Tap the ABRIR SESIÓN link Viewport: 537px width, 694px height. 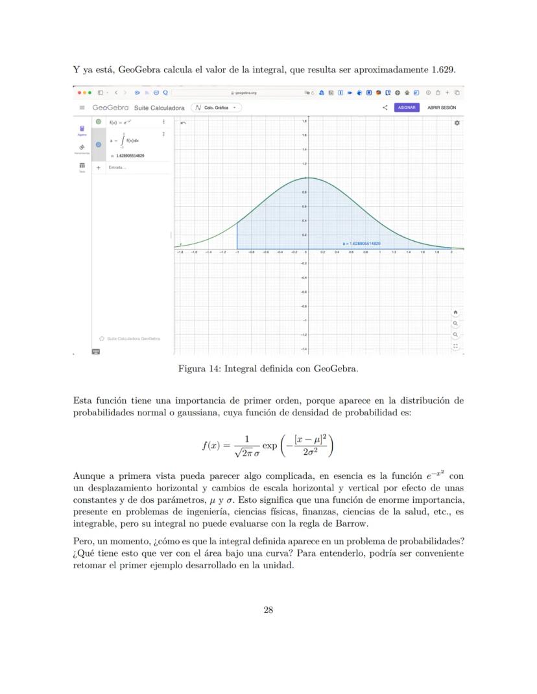(x=442, y=108)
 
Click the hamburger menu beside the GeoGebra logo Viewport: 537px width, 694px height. (x=82, y=108)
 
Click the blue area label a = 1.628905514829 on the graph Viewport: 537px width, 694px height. (x=362, y=244)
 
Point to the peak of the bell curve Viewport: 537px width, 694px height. (x=308, y=178)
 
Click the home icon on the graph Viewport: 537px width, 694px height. (x=456, y=311)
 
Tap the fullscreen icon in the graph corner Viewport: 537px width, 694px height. (x=456, y=346)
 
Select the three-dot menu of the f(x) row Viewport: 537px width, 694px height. (x=163, y=121)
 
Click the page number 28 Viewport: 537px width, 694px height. (x=268, y=609)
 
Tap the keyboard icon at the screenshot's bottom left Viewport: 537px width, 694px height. (x=96, y=351)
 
